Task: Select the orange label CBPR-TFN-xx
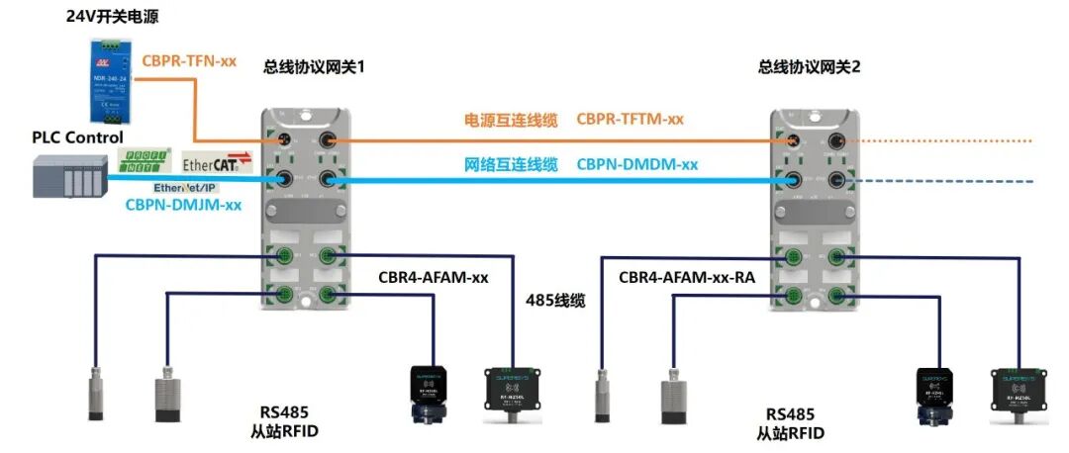pos(189,60)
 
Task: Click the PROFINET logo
pos(146,160)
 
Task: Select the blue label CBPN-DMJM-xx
pos(183,206)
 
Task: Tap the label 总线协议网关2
pos(810,67)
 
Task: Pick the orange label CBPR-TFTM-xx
pos(630,120)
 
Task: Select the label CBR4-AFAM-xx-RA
pos(687,279)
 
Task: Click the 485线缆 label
pos(557,299)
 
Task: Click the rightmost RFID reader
pos(1020,393)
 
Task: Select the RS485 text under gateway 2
pos(790,414)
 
